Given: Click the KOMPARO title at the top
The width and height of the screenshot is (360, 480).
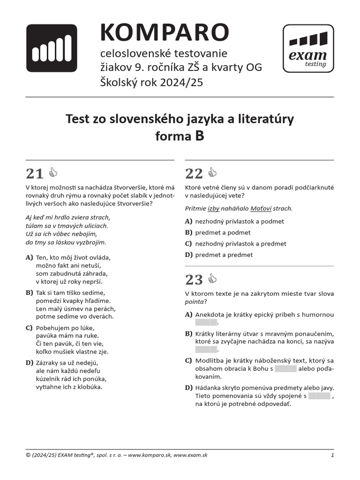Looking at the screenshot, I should [x=164, y=32].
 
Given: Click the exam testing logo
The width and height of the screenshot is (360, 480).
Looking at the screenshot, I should [x=308, y=49].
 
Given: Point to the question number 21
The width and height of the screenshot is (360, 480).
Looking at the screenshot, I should [x=35, y=174].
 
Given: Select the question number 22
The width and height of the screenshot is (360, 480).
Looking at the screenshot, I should [x=194, y=174].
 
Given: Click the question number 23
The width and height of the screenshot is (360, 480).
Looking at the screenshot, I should [x=194, y=280].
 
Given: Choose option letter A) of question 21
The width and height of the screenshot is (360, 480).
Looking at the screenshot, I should [x=30, y=257].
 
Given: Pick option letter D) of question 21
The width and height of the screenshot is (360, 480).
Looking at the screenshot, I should [x=30, y=362].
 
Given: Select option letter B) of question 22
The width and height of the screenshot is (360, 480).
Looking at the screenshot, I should [x=189, y=232].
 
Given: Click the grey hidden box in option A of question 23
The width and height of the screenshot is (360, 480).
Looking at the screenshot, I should [x=206, y=322].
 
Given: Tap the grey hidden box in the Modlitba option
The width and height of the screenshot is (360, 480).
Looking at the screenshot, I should [x=285, y=368].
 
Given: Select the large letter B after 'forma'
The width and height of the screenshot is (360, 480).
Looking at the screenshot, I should [x=199, y=136].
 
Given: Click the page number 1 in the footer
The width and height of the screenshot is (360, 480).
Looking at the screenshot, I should [x=332, y=455].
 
